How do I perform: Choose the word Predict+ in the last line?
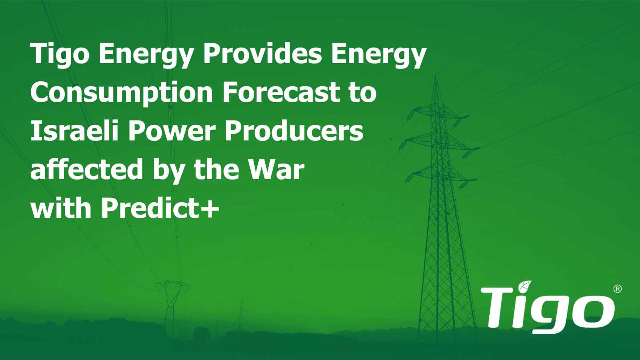coord(160,208)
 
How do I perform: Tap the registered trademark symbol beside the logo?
coord(617,289)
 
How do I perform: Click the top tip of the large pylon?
coord(435,76)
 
